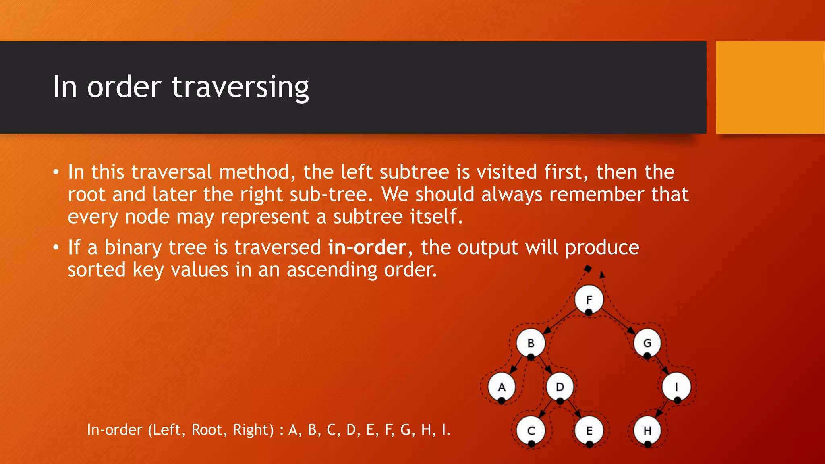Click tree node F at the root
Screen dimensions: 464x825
point(589,300)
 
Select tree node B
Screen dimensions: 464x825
point(531,343)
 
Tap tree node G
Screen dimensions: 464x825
point(647,343)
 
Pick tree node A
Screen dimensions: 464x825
point(502,387)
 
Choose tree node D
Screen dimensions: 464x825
point(560,387)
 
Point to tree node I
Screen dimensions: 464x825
point(676,387)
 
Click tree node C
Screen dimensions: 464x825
point(531,431)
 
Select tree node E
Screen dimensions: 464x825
point(589,431)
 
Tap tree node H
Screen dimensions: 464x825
point(647,431)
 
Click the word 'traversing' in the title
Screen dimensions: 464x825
point(240,87)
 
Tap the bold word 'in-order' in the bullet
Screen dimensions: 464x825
point(367,247)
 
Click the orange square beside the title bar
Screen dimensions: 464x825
point(770,87)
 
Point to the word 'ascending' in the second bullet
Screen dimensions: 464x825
point(332,270)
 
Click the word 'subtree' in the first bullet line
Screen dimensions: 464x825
point(414,172)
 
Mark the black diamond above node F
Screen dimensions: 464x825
point(588,268)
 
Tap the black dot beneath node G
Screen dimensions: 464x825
point(647,356)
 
